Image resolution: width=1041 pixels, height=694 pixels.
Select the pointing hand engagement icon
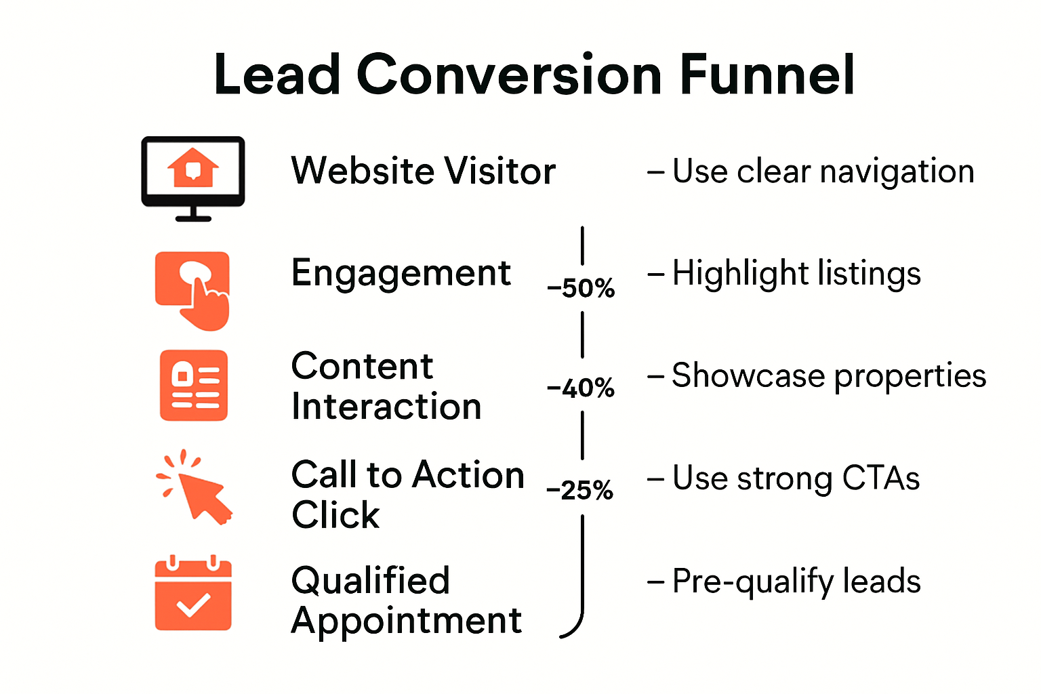[193, 290]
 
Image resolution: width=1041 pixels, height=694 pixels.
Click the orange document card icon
[194, 385]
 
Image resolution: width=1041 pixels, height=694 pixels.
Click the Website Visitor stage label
[423, 171]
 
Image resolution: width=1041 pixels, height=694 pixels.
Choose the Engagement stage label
[401, 273]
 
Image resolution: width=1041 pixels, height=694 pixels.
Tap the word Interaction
[386, 407]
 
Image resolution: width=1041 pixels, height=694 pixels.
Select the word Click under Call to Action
[335, 515]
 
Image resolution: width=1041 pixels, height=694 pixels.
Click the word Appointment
[407, 620]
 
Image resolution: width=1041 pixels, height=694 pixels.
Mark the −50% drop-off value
[581, 288]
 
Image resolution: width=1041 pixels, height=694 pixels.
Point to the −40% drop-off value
[581, 388]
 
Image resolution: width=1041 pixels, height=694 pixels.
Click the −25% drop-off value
[580, 490]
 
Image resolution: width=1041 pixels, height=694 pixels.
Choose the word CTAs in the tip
[880, 478]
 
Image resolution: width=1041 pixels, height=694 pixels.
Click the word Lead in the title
[277, 75]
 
